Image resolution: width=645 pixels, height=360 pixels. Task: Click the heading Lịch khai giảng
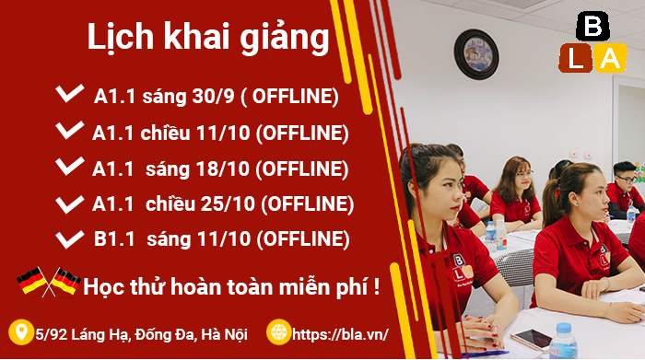[x=207, y=38]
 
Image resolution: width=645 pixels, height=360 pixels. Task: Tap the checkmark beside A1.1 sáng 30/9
[x=69, y=94]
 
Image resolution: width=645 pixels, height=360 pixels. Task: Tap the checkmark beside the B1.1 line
[x=69, y=238]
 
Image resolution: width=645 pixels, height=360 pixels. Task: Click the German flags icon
[x=47, y=281]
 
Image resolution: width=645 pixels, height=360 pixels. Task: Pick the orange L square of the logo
[x=574, y=58]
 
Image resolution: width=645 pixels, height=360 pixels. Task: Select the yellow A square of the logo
[x=609, y=58]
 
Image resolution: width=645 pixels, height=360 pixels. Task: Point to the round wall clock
[x=476, y=52]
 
